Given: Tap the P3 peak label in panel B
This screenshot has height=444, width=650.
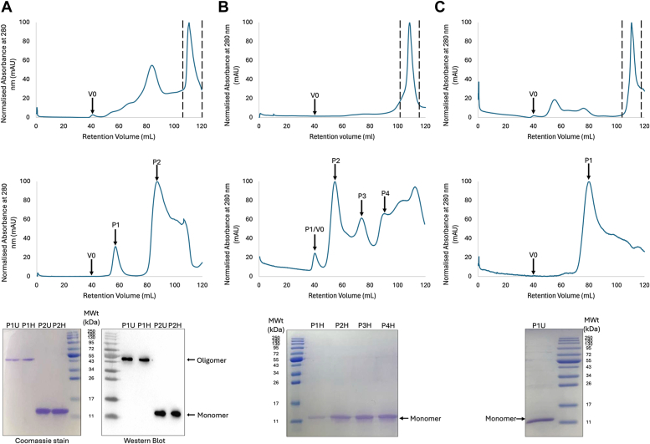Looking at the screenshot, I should [x=362, y=196].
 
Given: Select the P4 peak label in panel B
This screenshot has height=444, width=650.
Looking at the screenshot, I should [x=386, y=194].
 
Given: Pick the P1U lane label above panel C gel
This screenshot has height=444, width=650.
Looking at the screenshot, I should [x=540, y=325].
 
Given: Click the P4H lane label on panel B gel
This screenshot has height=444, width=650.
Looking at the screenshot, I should [x=387, y=325].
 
